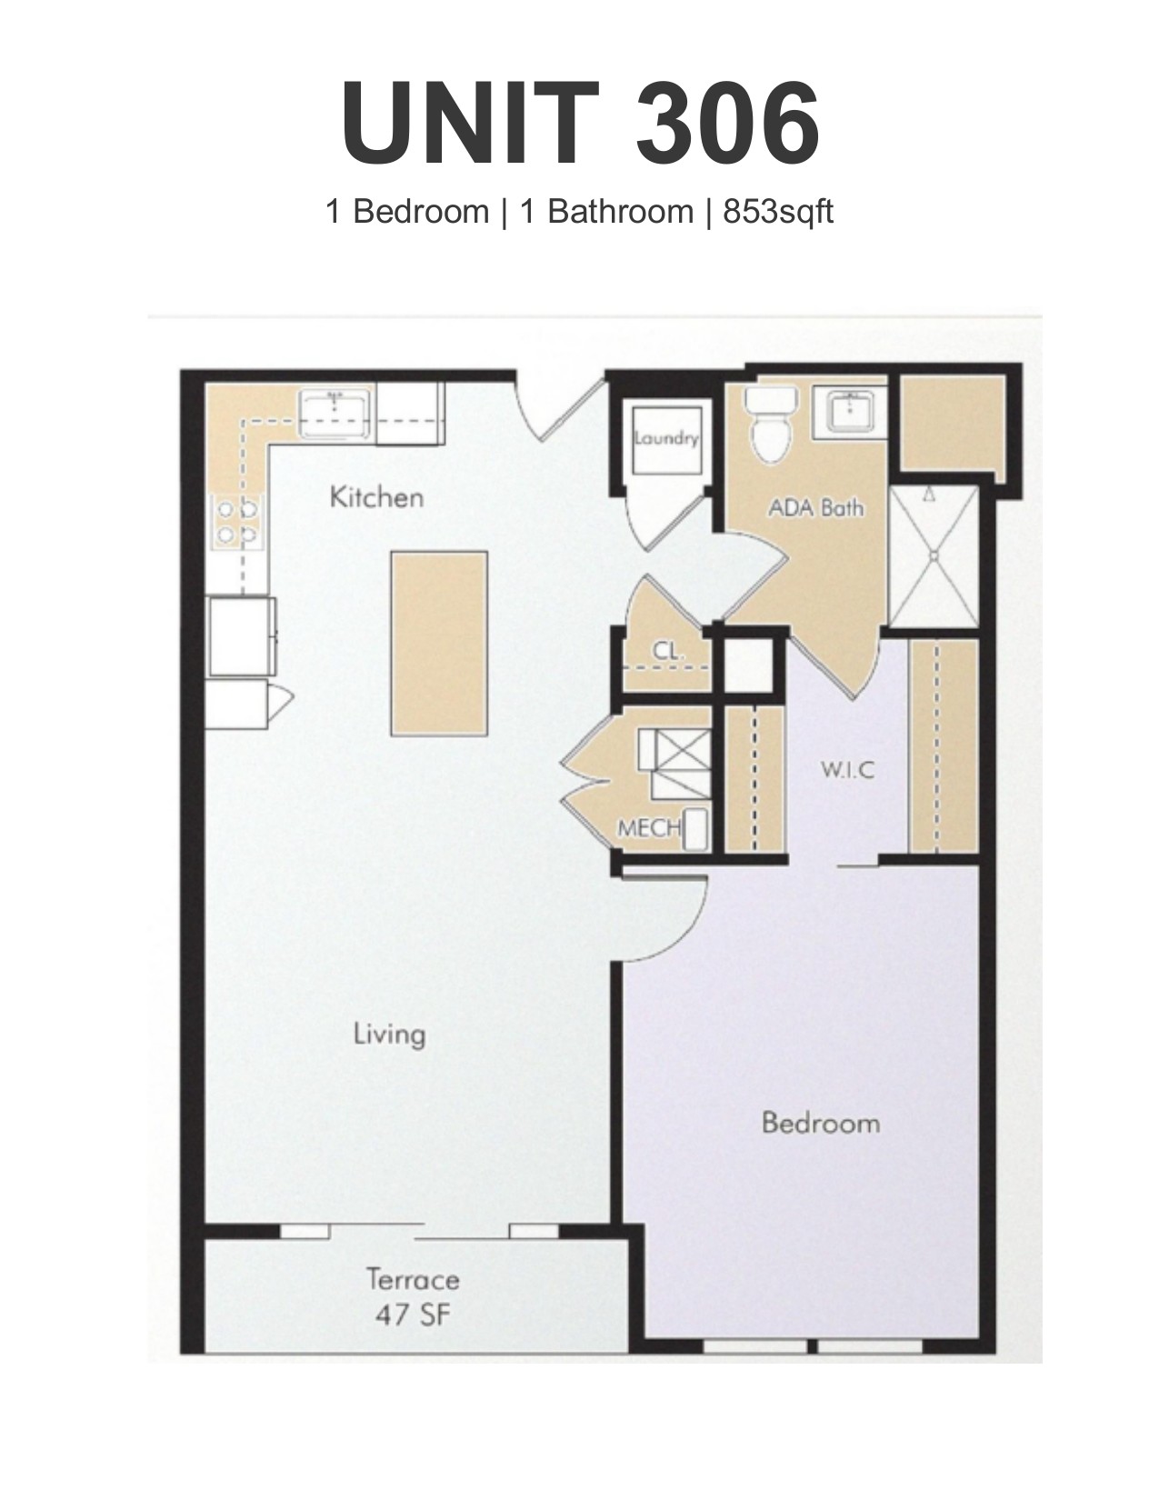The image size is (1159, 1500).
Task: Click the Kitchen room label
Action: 376,497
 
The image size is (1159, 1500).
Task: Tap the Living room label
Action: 389,1035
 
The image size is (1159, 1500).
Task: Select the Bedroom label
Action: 821,1123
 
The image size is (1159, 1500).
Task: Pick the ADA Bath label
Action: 816,508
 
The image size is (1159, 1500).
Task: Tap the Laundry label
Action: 666,438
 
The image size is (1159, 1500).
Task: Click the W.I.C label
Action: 848,770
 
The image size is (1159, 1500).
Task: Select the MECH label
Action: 649,827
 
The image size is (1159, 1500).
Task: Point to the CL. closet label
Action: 667,650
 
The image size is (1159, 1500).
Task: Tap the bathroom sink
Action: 848,411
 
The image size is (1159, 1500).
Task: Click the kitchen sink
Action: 335,412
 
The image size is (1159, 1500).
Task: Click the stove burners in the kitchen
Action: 237,522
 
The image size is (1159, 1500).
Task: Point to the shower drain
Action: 934,555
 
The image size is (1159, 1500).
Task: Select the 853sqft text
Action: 778,212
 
